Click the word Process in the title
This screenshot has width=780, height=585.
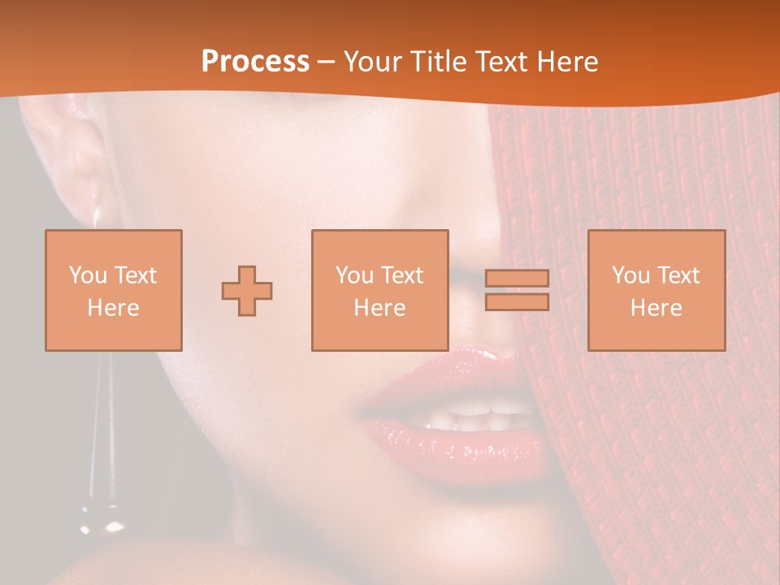(x=255, y=62)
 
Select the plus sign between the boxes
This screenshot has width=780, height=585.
(x=247, y=290)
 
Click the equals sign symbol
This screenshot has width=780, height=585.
(x=517, y=290)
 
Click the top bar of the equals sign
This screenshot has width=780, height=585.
(x=517, y=278)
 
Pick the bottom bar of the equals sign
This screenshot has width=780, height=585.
(x=517, y=301)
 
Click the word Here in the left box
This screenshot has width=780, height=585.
(x=113, y=308)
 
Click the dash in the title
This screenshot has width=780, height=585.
(x=327, y=62)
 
